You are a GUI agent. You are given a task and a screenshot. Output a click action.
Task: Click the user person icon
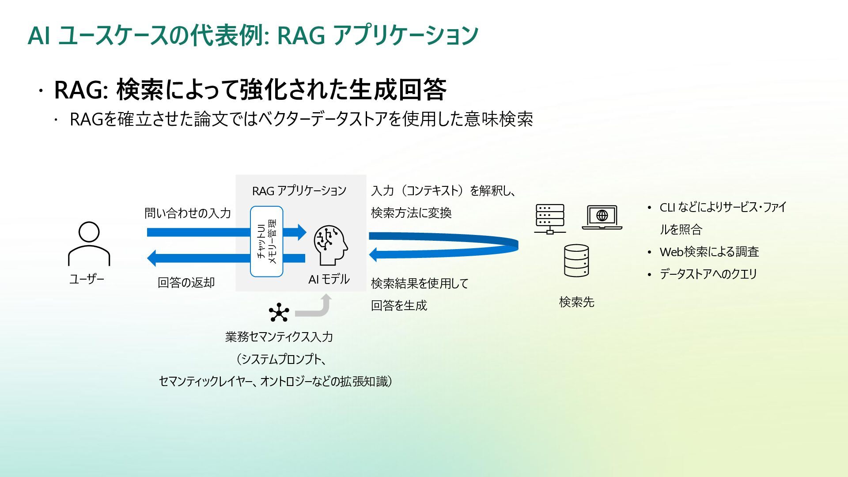89,244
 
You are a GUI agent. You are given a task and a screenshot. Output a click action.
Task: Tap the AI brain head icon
330,245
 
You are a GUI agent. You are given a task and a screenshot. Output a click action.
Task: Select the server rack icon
550,219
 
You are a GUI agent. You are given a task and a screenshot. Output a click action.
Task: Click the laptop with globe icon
602,217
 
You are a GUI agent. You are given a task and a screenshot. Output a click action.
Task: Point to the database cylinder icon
576,261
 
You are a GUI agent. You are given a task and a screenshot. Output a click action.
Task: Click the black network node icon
279,313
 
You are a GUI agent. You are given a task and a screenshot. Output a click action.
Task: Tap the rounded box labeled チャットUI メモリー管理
267,242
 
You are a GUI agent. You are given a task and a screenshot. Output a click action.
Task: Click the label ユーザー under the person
87,279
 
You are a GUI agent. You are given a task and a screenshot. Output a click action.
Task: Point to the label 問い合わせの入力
188,213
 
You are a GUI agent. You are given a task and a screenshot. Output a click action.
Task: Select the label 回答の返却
186,283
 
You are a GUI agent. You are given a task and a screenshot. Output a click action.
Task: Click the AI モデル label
329,279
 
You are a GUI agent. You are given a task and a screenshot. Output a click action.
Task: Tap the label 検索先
576,302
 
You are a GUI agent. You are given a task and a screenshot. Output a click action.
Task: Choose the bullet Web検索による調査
709,252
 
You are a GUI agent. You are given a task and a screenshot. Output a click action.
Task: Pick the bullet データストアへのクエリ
708,274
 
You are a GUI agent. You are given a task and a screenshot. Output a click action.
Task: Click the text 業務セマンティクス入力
279,337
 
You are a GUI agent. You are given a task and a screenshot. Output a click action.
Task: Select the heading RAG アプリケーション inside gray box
299,191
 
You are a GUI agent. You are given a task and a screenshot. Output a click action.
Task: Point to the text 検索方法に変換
411,213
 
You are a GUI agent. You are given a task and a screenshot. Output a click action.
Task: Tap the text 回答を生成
399,306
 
